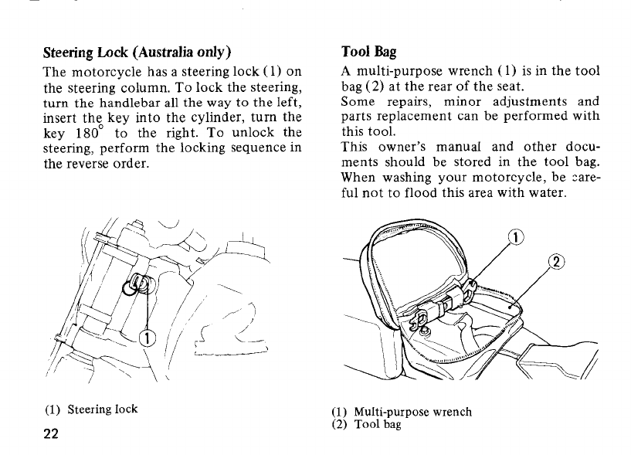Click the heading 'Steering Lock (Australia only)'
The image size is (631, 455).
(136, 53)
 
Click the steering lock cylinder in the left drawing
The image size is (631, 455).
(140, 286)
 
